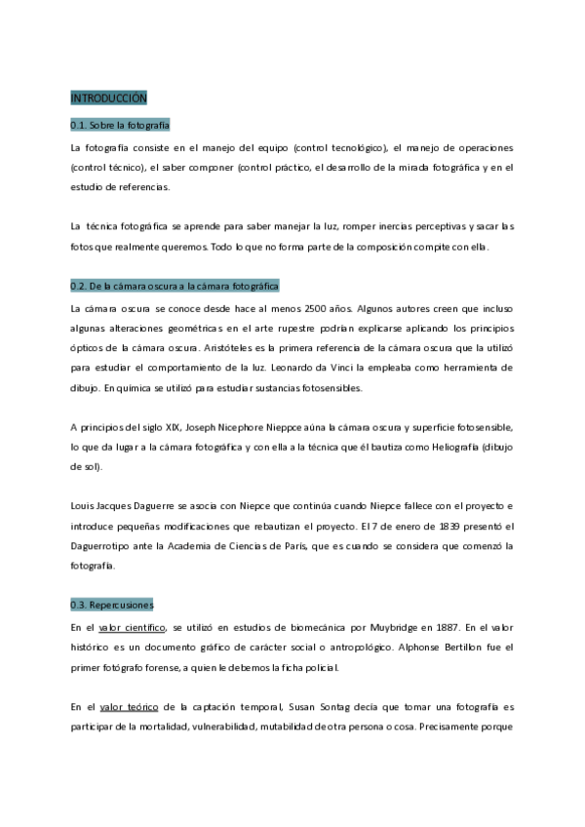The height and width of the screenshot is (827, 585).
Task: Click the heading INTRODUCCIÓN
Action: point(108,98)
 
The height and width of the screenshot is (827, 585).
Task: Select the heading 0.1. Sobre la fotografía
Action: point(120,125)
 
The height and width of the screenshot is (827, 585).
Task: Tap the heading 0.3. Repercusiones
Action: point(112,604)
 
